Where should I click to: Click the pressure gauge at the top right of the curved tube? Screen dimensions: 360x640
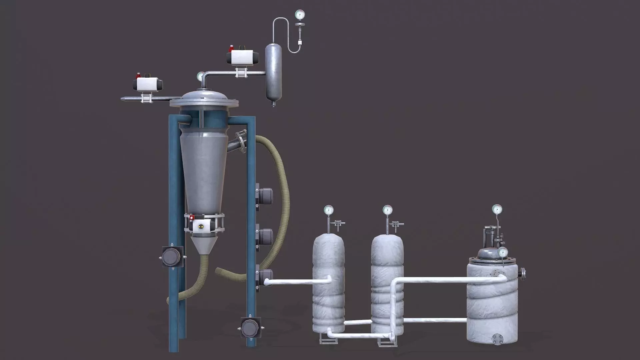[300, 14]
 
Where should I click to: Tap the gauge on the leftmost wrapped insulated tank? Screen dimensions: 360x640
[329, 210]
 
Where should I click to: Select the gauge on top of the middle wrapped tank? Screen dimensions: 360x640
[387, 210]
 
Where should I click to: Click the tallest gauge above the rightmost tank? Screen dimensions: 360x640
[497, 209]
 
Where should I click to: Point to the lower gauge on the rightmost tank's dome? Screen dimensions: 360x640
[503, 252]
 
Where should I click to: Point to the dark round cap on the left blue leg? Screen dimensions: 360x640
[172, 257]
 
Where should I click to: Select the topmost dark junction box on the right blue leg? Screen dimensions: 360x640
[265, 196]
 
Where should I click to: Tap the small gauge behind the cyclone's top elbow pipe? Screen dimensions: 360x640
[200, 76]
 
